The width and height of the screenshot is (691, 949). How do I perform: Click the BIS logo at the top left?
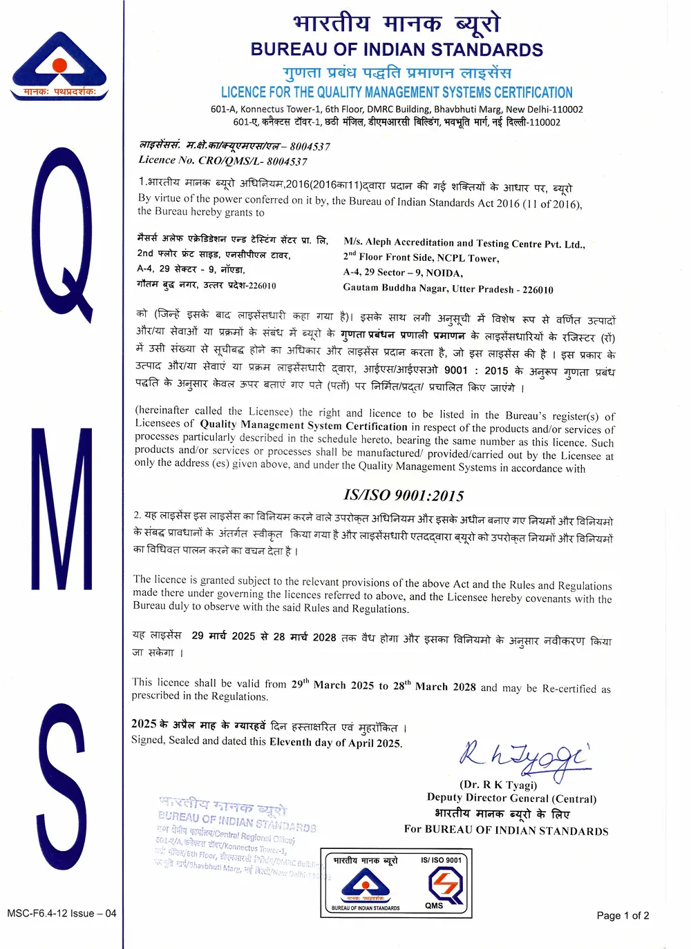(60, 66)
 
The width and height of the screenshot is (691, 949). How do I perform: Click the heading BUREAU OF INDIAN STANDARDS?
(397, 50)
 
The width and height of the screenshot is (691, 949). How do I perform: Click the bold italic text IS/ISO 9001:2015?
(404, 496)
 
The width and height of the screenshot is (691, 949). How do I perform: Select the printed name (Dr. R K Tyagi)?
(498, 785)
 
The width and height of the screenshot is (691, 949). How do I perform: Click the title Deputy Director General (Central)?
(511, 799)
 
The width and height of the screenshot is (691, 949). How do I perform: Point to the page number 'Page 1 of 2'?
(623, 916)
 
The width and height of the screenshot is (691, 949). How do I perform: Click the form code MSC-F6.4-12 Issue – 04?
(61, 913)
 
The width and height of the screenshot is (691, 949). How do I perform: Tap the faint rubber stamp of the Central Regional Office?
(235, 835)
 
